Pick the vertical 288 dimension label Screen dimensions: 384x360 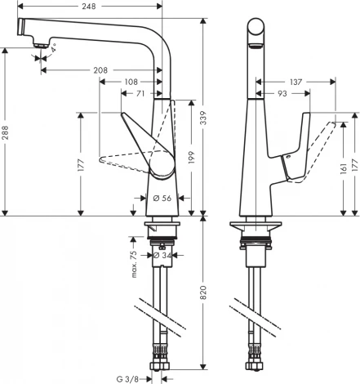pyautogui.click(x=7, y=135)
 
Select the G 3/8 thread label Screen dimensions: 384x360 pyautogui.click(x=129, y=378)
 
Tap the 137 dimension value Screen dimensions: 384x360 pyautogui.click(x=296, y=83)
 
